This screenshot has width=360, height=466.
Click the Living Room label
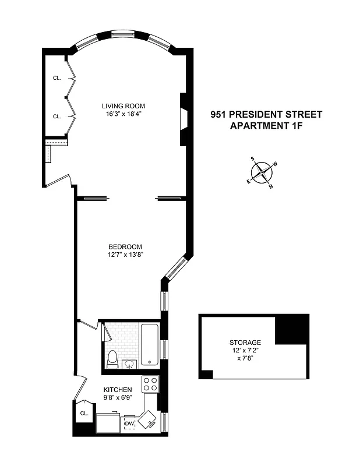pos(123,106)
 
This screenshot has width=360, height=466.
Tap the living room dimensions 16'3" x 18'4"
pos(123,114)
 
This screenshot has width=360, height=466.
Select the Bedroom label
pos(125,246)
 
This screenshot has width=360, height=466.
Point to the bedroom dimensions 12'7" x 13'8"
pos(125,255)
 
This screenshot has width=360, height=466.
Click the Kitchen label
pos(118,390)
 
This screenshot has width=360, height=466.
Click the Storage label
pos(245,343)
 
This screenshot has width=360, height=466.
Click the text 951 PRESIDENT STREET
pos(266,115)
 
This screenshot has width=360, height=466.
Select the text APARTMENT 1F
pos(266,125)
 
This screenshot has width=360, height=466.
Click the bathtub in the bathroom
pos(150,344)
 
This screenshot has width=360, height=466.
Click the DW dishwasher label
pos(129,423)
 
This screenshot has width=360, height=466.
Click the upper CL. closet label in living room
pos(57,77)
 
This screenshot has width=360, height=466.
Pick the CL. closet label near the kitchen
pos(84,414)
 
